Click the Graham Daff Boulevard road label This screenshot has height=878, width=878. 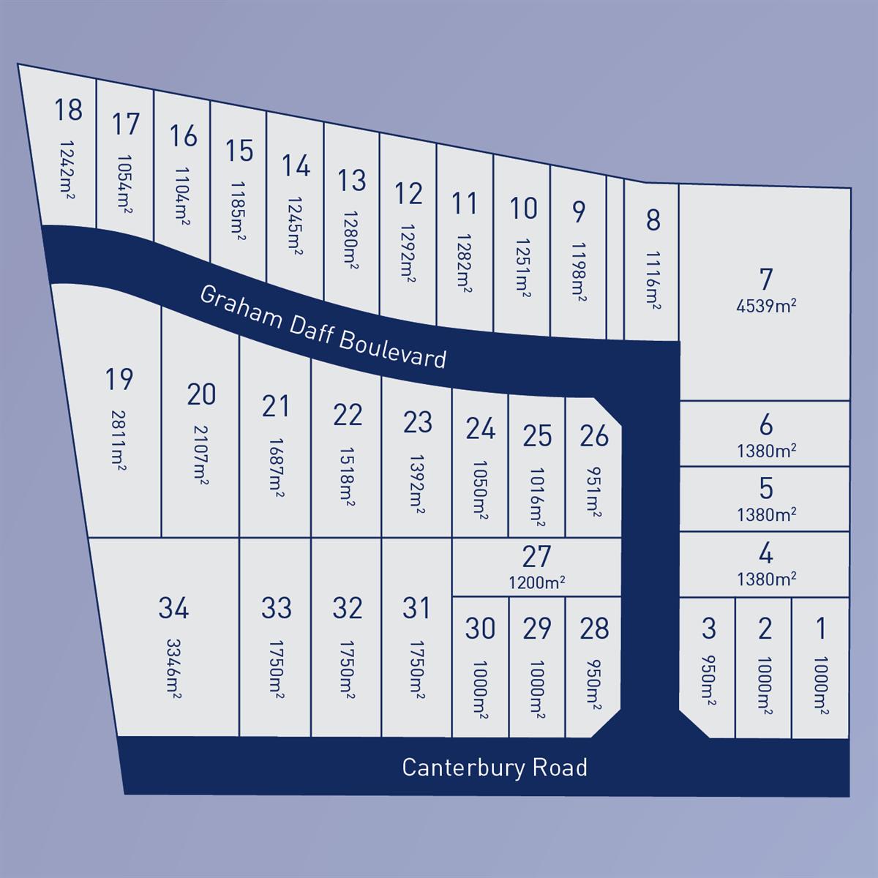point(323,326)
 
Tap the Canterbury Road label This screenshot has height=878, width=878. point(495,768)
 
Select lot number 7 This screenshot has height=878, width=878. point(765,279)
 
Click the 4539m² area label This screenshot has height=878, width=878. point(766,306)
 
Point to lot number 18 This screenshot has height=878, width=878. point(68,110)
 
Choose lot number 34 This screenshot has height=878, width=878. point(173,608)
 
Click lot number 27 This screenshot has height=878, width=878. point(536,557)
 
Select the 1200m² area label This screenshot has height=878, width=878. point(537,583)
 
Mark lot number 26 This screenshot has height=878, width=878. point(593,436)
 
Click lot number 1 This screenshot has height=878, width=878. point(821,628)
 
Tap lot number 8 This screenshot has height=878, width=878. point(653,219)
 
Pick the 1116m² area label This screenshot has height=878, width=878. point(653,280)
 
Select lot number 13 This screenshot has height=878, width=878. point(352,180)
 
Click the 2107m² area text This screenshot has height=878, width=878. point(200,454)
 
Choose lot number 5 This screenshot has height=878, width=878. point(766,487)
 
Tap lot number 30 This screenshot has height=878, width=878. point(480,629)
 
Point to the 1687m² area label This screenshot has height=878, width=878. point(275,468)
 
